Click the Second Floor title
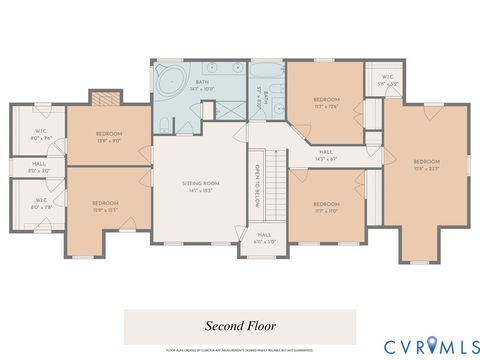pos(240,325)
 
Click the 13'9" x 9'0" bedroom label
pos(109,137)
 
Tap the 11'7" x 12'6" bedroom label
pos(326,103)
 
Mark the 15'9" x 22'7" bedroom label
pos(427,165)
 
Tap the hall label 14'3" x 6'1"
pos(326,156)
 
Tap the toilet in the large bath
pos(163,125)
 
